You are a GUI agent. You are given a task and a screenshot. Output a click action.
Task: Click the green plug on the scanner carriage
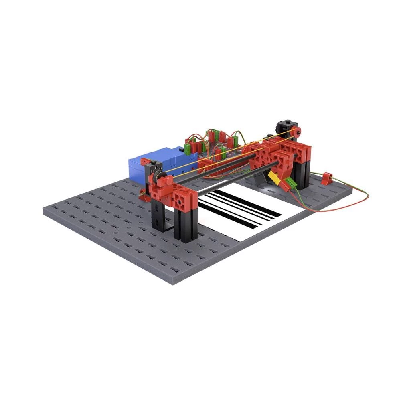click(x=292, y=184)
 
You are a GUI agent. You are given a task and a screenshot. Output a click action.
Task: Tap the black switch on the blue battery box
click(x=187, y=149)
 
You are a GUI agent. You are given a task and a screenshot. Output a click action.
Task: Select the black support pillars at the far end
click(x=301, y=172)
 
